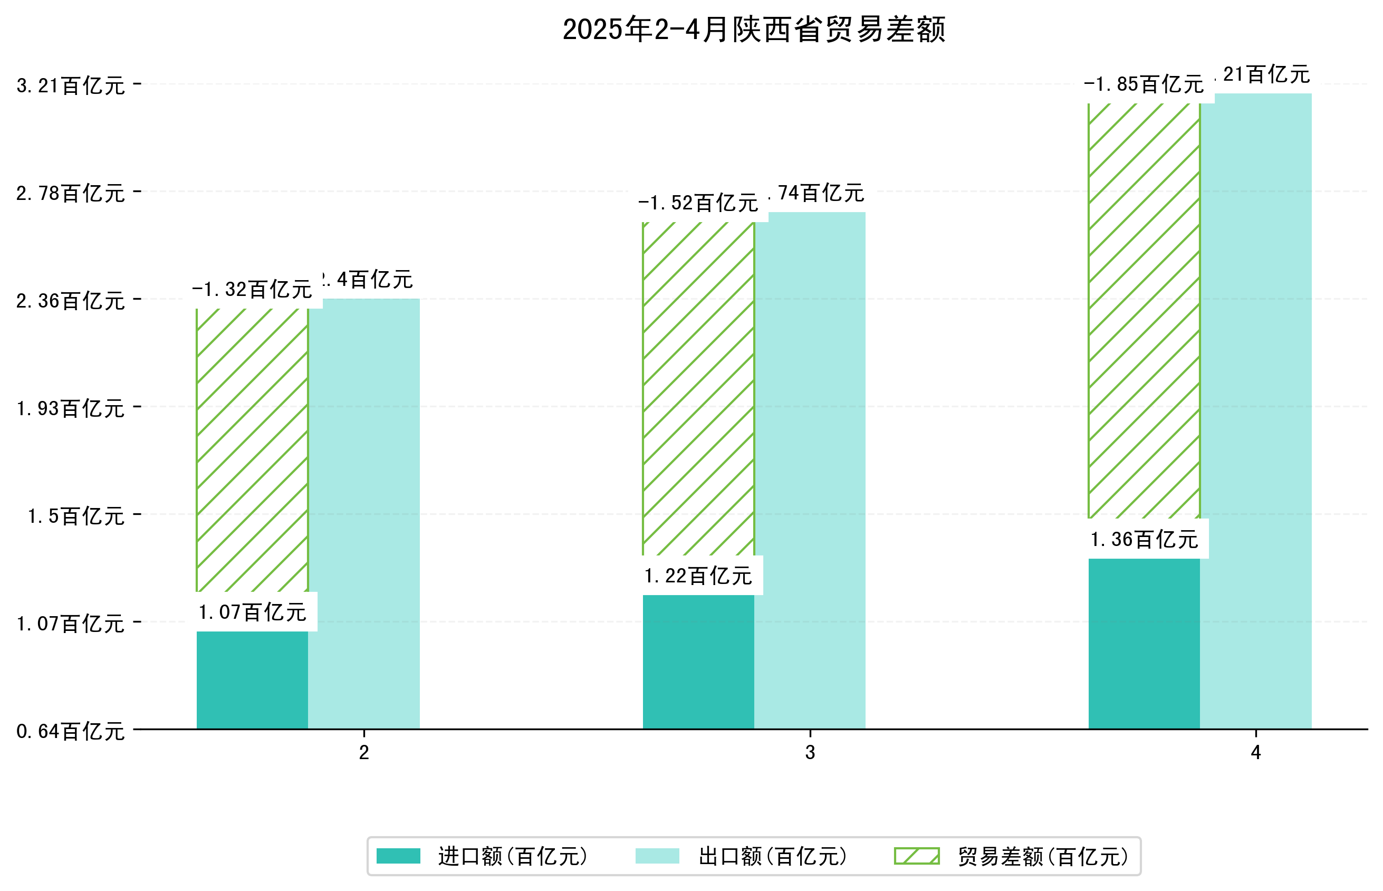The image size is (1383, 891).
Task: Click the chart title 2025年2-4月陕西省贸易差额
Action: pos(753,30)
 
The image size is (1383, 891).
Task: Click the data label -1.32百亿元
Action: pos(252,289)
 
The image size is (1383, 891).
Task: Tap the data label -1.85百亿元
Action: pos(1144,84)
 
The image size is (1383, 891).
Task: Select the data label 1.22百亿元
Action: pos(698,576)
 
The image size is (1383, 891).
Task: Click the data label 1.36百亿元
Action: pos(1144,539)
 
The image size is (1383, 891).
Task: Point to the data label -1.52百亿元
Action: pos(698,203)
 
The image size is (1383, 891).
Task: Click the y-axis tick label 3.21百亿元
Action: pos(70,85)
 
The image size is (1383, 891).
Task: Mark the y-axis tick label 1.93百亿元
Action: pos(70,408)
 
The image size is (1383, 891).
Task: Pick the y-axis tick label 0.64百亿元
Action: pos(70,731)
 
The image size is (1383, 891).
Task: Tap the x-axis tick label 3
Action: pos(809,752)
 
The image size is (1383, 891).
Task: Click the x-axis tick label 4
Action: pos(1255,752)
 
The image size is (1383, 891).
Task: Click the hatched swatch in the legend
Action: pos(916,856)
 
